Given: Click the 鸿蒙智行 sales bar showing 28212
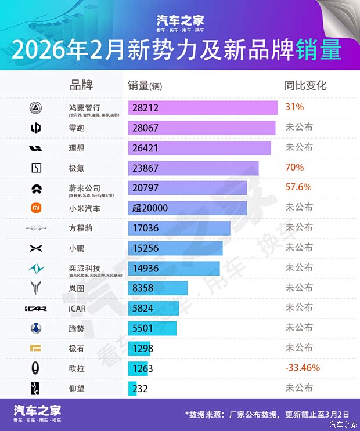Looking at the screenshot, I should pyautogui.click(x=202, y=108).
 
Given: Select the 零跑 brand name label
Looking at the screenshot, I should pyautogui.click(x=77, y=128).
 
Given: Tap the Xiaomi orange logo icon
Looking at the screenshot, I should pyautogui.click(x=36, y=207).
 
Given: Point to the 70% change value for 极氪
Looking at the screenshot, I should pyautogui.click(x=294, y=168).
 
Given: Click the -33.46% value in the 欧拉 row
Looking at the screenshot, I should pyautogui.click(x=303, y=367).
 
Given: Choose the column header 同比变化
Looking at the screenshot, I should pyautogui.click(x=305, y=85).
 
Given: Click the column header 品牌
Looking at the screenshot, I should pyautogui.click(x=81, y=85).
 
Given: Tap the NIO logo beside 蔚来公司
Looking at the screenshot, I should pyautogui.click(x=36, y=188).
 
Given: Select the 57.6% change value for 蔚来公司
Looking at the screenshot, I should pyautogui.click(x=298, y=187).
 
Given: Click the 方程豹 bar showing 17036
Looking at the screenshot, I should pyautogui.click(x=179, y=228).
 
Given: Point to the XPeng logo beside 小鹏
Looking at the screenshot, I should pyautogui.click(x=36, y=248).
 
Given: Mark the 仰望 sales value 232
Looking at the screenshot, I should pyautogui.click(x=140, y=388).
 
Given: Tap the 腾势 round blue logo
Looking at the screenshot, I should pyautogui.click(x=36, y=328).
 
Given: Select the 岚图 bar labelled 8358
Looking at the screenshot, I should pyautogui.click(x=157, y=288).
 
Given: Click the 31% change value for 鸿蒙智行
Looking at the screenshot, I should pyautogui.click(x=294, y=107).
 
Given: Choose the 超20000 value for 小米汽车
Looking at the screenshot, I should pyautogui.click(x=150, y=208).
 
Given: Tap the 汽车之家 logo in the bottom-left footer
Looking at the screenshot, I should pyautogui.click(x=38, y=412).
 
